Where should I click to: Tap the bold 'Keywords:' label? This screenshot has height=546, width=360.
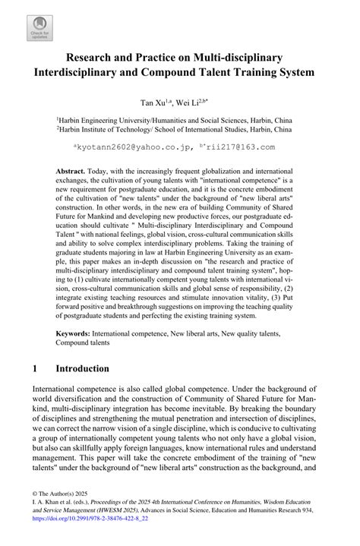pyautogui.click(x=77, y=311)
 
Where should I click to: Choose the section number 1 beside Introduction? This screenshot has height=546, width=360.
pyautogui.click(x=35, y=368)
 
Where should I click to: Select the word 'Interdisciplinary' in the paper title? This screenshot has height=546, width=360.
pyautogui.click(x=89, y=74)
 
